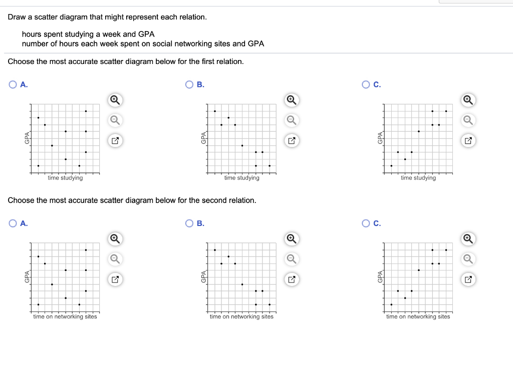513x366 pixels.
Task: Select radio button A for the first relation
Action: [x=13, y=85]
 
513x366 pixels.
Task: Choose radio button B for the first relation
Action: [x=189, y=85]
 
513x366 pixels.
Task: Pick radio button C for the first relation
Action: [x=365, y=85]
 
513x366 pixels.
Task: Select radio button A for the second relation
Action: [x=13, y=223]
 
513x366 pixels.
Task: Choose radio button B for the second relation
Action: [x=189, y=223]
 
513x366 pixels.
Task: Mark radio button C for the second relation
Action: [x=365, y=223]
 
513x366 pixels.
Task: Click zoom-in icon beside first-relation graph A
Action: [x=115, y=100]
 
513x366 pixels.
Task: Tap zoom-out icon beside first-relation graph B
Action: [x=291, y=120]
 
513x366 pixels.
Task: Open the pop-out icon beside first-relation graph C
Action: [x=467, y=141]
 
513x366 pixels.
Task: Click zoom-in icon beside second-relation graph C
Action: [x=467, y=238]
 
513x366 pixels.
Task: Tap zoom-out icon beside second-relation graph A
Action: [x=115, y=258]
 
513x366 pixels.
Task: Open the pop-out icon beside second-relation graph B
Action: [x=291, y=279]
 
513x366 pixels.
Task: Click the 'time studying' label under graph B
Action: [x=242, y=178]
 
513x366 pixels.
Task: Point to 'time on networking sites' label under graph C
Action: [x=418, y=316]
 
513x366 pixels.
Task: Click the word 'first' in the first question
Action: [x=190, y=61]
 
